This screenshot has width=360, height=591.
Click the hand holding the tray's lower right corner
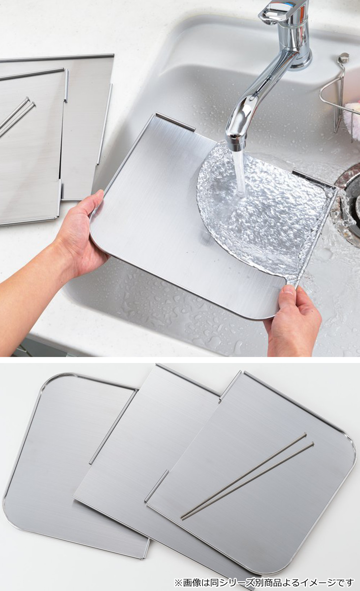(293, 322)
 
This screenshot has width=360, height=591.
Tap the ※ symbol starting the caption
(178, 582)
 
